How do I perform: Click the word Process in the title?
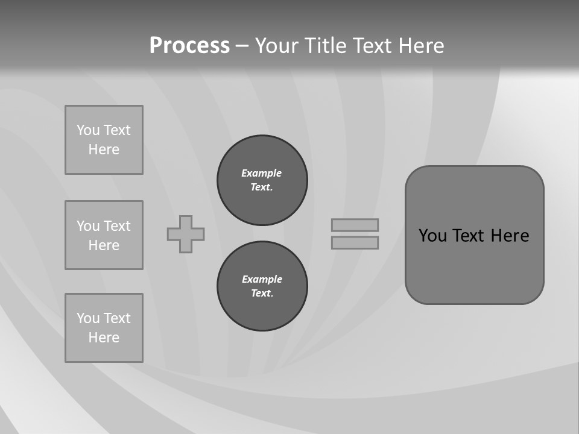click(x=189, y=45)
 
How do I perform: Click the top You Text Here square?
click(x=104, y=140)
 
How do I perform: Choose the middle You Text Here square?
click(x=104, y=235)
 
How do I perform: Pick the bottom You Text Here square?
click(x=104, y=328)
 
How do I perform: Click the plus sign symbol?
click(x=186, y=234)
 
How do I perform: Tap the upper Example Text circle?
click(x=262, y=180)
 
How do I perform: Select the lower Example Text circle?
click(x=262, y=286)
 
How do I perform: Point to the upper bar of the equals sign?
click(x=355, y=225)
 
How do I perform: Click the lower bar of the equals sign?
click(x=355, y=242)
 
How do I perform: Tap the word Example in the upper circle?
click(x=261, y=173)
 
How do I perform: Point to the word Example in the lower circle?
click(x=262, y=279)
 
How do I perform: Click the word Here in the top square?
click(x=104, y=149)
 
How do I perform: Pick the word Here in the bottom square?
click(x=104, y=338)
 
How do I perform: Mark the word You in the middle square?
click(x=88, y=226)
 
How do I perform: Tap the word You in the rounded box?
click(x=432, y=236)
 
